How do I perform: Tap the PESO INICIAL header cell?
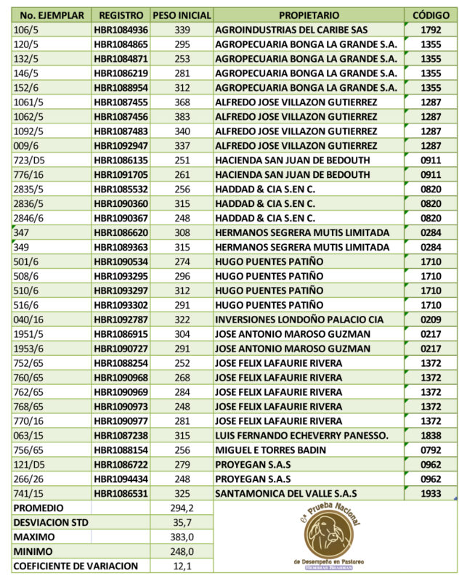pos(182,15)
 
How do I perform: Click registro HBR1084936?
pos(121,31)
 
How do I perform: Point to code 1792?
pos(431,31)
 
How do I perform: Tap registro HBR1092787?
pos(121,318)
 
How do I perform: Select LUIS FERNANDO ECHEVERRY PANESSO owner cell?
pos(301,436)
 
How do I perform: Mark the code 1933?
pos(431,493)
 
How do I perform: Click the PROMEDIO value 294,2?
pos(182,508)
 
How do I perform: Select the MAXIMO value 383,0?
pos(182,537)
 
